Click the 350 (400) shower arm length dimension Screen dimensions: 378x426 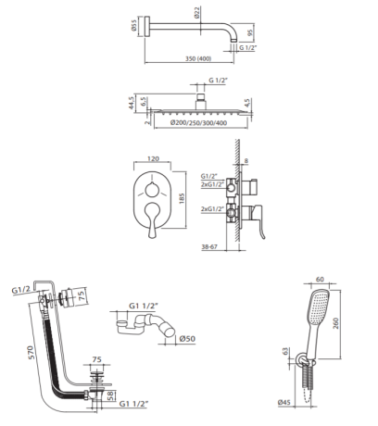coord(198,58)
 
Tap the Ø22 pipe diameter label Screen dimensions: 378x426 coord(197,13)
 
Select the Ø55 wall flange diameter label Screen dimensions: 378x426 coord(133,26)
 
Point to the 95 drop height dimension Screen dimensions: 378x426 coord(250,31)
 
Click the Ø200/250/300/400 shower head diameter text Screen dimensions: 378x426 coord(198,123)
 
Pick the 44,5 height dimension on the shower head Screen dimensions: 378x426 coord(132,103)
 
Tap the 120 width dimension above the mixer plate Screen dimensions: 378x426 coord(153,158)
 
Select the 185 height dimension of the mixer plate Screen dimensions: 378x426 coord(182,198)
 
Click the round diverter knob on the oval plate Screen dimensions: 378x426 coord(152,190)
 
